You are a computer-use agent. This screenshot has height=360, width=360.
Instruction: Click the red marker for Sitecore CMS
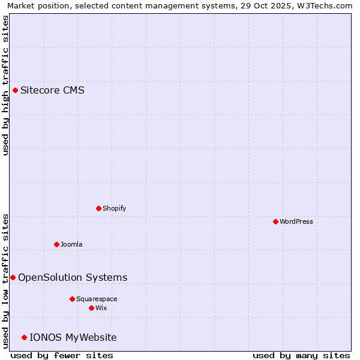point(15,91)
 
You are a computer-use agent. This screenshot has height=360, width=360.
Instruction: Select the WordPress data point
point(275,221)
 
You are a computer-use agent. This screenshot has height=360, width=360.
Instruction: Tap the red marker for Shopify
point(98,208)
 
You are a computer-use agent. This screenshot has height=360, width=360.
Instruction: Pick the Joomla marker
point(56,244)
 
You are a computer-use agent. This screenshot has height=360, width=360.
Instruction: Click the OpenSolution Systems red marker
point(13,277)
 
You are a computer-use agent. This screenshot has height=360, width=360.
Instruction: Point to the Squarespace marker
point(72,299)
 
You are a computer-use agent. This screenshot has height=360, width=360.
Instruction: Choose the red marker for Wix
point(91,308)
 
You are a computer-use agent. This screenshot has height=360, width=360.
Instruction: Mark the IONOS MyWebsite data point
point(24,337)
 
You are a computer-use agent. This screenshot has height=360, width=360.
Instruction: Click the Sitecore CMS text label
point(52,91)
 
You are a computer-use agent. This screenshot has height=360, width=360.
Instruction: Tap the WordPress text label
point(296,221)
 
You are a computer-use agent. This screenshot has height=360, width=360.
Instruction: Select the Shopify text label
point(114,208)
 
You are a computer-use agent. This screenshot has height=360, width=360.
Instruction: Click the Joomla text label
point(71,244)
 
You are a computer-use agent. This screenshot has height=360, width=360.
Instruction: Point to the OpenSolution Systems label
point(73,277)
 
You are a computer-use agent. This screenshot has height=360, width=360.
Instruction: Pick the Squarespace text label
point(97,299)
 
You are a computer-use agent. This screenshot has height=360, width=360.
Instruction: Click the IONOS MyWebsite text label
point(73,337)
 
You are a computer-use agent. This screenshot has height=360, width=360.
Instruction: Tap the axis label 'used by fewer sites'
point(62,355)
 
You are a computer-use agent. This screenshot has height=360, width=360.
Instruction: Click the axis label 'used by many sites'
point(301,355)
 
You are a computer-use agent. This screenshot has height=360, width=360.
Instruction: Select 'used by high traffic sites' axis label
point(5,85)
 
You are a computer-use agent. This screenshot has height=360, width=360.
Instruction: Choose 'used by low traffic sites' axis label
point(5,281)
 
